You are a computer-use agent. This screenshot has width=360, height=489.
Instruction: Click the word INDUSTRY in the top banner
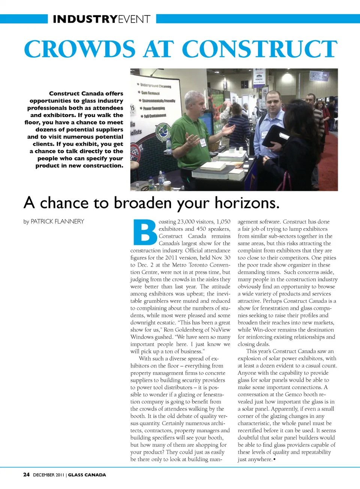[85, 19]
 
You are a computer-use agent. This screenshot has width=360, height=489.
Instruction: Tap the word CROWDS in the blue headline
[79, 49]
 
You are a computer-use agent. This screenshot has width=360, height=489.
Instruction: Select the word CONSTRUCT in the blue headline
[259, 49]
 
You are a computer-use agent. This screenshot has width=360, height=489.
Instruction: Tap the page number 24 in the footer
[26, 475]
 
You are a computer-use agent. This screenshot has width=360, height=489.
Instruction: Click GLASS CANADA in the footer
[87, 475]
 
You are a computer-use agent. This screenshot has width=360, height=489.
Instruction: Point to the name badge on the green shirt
[203, 143]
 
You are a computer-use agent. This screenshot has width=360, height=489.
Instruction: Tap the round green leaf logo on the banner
[163, 132]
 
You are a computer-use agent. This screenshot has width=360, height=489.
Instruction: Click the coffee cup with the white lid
[167, 185]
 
